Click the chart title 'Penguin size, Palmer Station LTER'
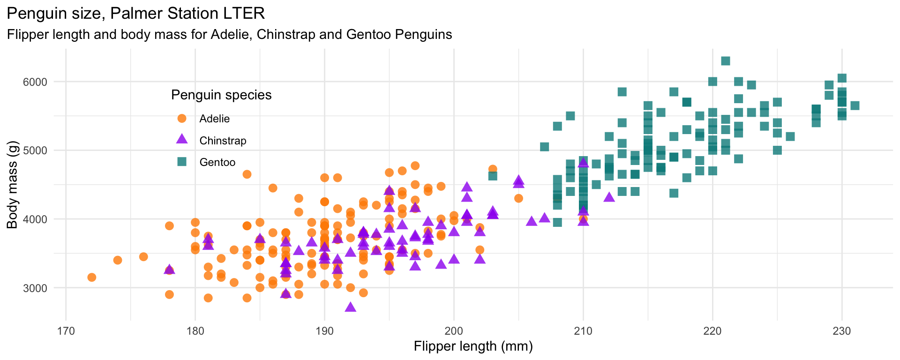(x=136, y=14)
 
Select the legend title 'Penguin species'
(x=221, y=95)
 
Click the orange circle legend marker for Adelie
(x=182, y=119)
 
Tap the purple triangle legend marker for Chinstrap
(x=182, y=139)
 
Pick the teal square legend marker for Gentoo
(x=182, y=162)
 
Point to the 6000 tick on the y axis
(x=36, y=82)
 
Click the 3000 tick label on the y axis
(x=36, y=288)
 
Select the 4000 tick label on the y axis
(x=36, y=219)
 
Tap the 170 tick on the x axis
(x=66, y=331)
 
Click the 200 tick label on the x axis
(x=454, y=331)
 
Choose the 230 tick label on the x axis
(x=842, y=331)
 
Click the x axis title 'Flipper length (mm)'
(x=473, y=346)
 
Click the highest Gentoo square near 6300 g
(x=726, y=61)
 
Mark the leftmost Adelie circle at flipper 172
(x=92, y=277)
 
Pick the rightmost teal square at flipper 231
(x=855, y=105)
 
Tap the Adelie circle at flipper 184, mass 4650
(x=247, y=174)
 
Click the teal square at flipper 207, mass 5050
(x=544, y=147)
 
